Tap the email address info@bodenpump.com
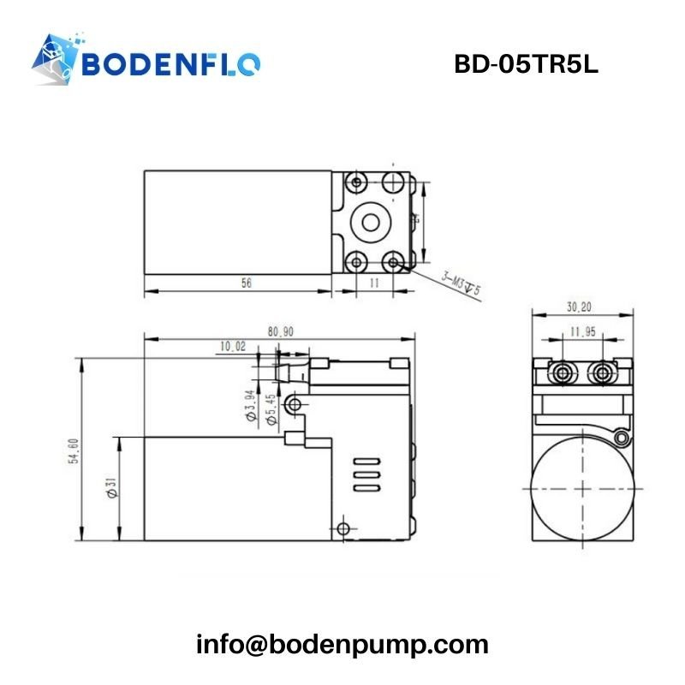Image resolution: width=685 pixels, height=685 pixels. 342,644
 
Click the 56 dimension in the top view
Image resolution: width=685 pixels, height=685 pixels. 246,283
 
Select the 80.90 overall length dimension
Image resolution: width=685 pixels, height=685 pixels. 280,331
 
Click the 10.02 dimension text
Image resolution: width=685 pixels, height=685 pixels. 232,347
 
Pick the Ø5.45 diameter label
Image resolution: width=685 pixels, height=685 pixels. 271,410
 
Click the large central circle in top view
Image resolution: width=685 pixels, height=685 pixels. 370,222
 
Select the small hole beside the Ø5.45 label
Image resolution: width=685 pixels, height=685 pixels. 295,402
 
